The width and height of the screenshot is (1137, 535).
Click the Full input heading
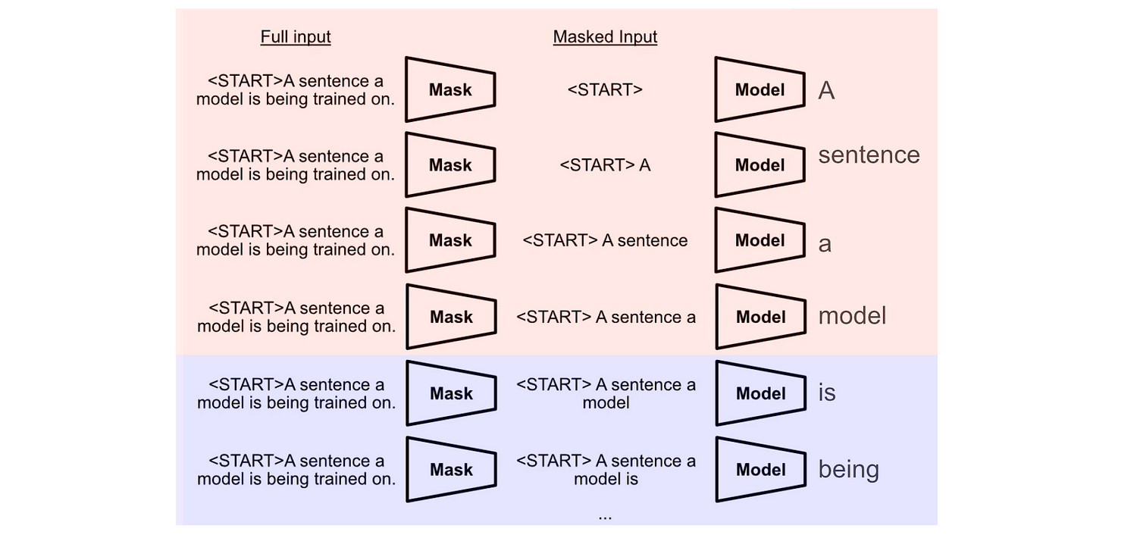[x=296, y=36]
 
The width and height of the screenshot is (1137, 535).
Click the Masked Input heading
[x=605, y=36]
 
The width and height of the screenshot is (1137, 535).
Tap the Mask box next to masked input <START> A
[x=450, y=165]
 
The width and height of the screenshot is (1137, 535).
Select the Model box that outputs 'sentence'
[x=760, y=165]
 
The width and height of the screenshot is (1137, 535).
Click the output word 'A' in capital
[x=826, y=91]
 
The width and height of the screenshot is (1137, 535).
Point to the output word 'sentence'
[x=869, y=155]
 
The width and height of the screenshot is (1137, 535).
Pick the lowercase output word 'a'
[x=825, y=244]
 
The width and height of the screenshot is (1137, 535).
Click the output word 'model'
[x=852, y=316]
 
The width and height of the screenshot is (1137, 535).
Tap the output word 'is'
[x=827, y=393]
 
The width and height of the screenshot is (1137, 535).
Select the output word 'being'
[x=849, y=470]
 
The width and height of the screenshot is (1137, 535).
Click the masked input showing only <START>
[x=605, y=89]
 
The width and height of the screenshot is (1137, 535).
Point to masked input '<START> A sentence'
[x=605, y=241]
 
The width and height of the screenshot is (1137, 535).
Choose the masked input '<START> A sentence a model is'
[x=606, y=470]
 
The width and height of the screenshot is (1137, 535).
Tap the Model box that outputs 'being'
[x=760, y=470]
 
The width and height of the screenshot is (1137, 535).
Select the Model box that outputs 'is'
[x=760, y=393]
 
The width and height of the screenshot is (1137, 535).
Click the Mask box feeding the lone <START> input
[x=450, y=89]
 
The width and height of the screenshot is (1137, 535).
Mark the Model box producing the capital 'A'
[x=760, y=89]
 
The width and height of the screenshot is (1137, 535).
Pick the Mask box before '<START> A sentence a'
[x=451, y=317]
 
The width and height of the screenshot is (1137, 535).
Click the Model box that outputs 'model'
[x=760, y=317]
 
